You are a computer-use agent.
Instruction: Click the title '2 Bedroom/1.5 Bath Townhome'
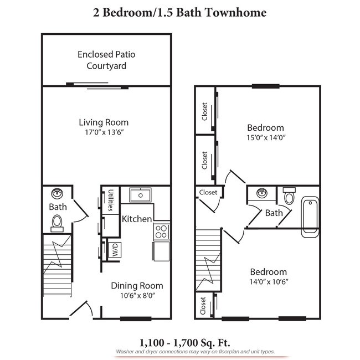[180, 12]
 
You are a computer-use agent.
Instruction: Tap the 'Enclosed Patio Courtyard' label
[106, 60]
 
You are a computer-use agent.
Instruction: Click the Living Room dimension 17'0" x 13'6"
[104, 133]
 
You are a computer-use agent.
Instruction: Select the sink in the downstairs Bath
[57, 193]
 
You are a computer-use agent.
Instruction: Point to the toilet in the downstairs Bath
[56, 222]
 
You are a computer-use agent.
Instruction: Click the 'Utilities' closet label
[111, 200]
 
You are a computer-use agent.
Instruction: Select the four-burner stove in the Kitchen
[161, 230]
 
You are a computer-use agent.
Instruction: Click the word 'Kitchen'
[137, 219]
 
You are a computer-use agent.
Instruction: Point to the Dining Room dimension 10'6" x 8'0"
[137, 296]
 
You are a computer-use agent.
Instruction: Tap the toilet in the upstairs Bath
[289, 196]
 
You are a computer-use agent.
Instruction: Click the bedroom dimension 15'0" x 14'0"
[266, 137]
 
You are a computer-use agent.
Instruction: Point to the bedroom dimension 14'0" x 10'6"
[268, 281]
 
